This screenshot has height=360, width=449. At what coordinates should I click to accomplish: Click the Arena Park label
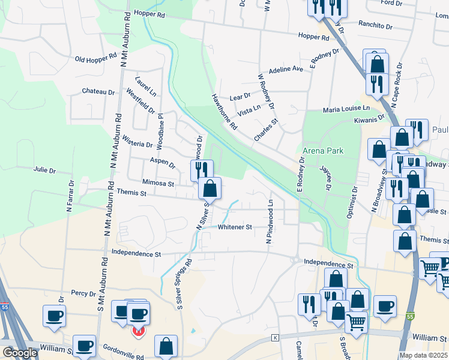[323, 150]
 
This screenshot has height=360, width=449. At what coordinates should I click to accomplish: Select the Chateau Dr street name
[98, 92]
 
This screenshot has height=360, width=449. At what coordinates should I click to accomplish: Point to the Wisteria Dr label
[137, 144]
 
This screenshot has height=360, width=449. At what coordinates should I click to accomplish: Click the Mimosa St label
[158, 183]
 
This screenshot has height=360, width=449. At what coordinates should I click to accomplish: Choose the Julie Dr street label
[44, 170]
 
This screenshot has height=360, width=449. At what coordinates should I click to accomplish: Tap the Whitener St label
[235, 227]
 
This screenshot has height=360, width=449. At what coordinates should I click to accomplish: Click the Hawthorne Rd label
[224, 112]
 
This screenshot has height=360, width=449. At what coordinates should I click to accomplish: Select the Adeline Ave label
[286, 70]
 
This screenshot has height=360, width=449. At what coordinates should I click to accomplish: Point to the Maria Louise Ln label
[345, 109]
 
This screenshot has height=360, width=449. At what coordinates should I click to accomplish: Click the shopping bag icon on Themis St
[209, 188]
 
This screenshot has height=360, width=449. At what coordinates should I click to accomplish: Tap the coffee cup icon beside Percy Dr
[54, 316]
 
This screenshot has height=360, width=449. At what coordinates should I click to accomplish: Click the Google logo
[20, 353]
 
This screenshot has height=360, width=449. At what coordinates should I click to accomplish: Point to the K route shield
[276, 338]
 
